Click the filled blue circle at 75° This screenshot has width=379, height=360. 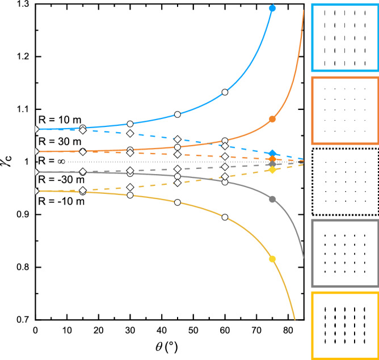point(272,9)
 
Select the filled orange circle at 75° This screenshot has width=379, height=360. point(272,119)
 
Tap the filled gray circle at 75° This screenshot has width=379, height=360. point(272,199)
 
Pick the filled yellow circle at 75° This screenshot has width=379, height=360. point(272,259)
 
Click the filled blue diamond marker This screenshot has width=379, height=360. point(272,154)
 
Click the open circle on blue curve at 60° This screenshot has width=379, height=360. point(225,92)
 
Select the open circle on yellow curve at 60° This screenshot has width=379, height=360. point(225,217)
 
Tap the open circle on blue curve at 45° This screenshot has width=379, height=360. point(178,115)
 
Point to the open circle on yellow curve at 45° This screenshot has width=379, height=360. point(178,202)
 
